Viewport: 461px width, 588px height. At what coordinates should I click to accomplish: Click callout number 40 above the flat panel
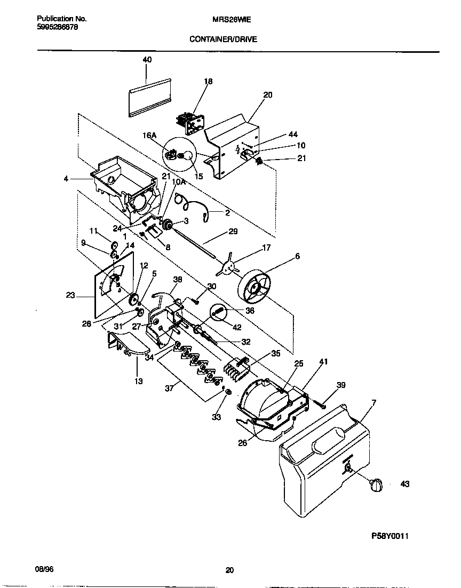pyautogui.click(x=147, y=60)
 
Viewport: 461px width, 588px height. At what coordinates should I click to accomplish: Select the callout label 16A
pyautogui.click(x=149, y=136)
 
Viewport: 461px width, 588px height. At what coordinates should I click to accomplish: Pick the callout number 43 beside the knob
pyautogui.click(x=404, y=484)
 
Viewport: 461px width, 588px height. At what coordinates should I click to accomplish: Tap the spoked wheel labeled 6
pyautogui.click(x=255, y=288)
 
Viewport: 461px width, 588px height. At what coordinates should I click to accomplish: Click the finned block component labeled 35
pyautogui.click(x=237, y=365)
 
